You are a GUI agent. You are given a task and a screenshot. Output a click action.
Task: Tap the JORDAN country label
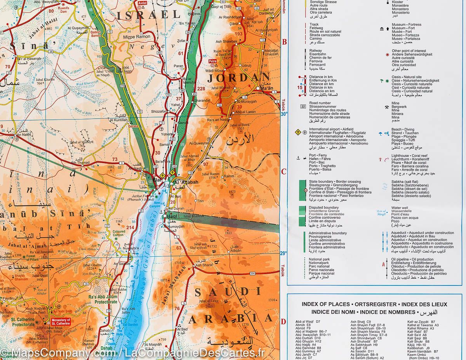(238, 78)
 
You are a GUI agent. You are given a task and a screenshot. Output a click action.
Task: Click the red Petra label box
(212, 61)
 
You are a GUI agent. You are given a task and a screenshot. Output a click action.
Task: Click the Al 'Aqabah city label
(186, 182)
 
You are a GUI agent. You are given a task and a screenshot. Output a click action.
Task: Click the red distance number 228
(201, 89)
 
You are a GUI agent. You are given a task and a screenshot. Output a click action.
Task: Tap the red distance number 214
(130, 227)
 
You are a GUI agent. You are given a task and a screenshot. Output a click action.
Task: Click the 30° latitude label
(284, 114)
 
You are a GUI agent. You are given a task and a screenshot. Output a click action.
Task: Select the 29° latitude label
(284, 253)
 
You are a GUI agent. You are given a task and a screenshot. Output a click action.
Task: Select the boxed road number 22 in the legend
(303, 106)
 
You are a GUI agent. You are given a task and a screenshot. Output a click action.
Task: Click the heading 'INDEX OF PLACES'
(325, 304)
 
